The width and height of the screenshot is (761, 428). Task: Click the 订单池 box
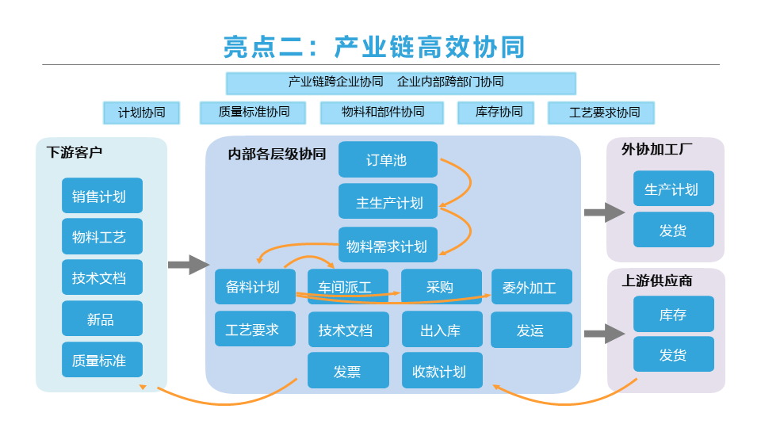388,159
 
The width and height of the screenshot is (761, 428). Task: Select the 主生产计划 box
388,201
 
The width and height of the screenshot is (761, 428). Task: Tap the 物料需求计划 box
388,245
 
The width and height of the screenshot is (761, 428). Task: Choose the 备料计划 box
255,286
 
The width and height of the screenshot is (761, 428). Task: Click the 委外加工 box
531,286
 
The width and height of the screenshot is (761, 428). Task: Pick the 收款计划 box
442,370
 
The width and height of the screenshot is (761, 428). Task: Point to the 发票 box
349,370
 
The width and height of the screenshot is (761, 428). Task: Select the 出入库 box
442,329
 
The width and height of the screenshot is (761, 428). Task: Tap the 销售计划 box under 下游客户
102,196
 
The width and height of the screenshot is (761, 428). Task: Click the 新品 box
102,319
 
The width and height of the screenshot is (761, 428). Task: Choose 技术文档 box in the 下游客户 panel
102,277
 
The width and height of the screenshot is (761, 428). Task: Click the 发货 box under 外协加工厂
674,230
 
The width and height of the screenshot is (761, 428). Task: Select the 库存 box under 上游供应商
674,314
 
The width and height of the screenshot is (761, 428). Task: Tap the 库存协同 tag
496,113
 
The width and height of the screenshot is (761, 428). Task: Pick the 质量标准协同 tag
253,113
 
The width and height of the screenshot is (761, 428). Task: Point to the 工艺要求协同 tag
602,113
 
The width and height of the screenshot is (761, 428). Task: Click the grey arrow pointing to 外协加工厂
604,212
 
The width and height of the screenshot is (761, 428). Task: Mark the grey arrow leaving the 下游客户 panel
189,265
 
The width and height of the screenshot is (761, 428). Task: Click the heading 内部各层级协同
277,154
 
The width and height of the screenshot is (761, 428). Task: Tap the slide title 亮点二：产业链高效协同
374,47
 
